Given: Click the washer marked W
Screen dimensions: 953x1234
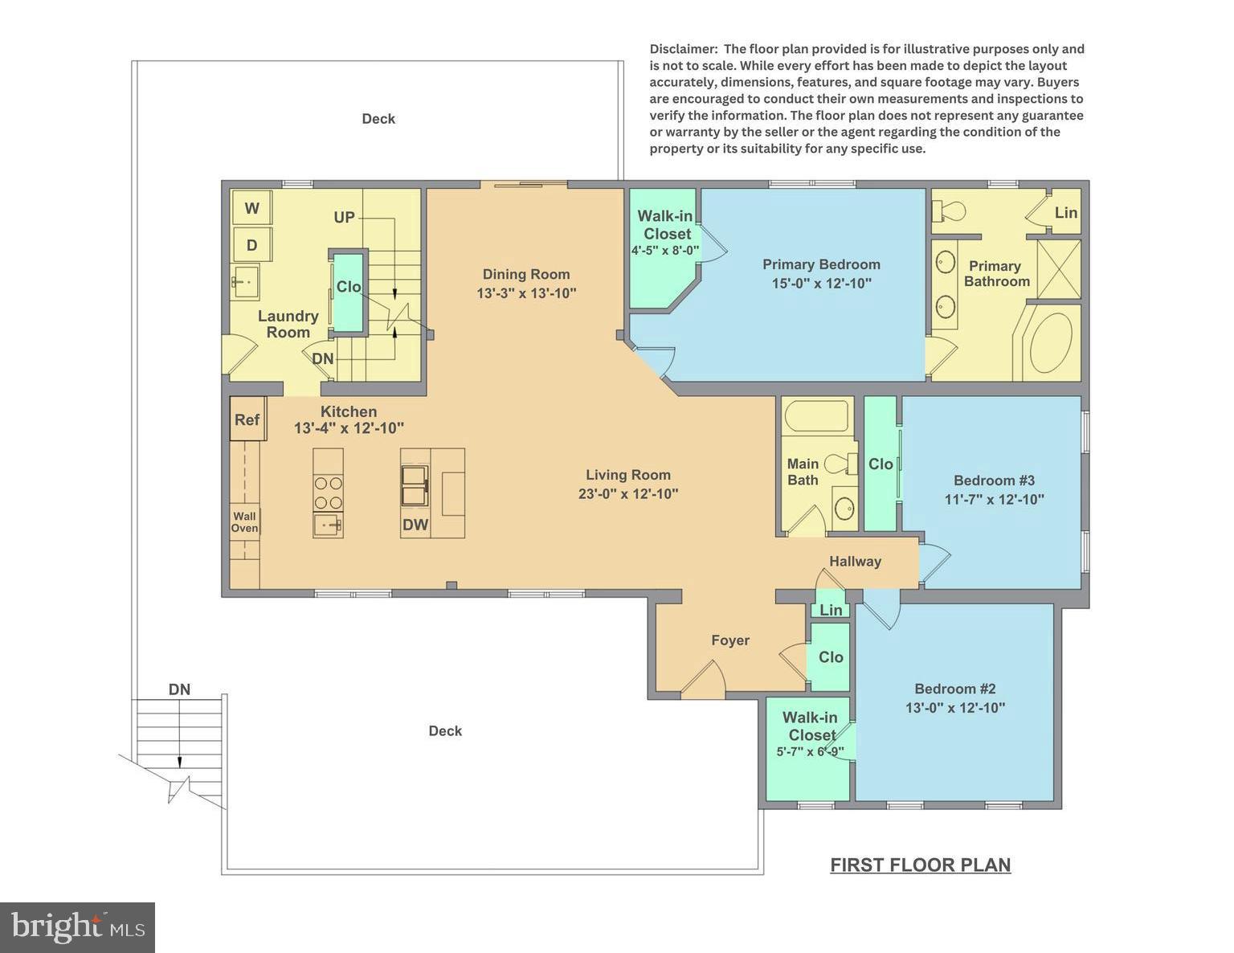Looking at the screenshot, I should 252,209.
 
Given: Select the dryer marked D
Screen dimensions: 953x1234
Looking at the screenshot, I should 252,245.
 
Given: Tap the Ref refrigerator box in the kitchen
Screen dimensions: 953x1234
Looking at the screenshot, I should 247,419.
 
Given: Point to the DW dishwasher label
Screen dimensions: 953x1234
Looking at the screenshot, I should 415,526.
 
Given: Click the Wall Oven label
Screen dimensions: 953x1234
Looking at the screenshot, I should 245,522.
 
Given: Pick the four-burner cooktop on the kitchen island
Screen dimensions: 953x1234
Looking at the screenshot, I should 328,493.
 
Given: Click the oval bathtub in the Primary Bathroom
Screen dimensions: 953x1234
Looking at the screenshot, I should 1051,342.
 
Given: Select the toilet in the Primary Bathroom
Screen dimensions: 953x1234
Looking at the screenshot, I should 948,211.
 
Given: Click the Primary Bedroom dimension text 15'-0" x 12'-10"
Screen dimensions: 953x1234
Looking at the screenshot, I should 821,283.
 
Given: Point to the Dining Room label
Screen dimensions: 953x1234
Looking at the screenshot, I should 526,274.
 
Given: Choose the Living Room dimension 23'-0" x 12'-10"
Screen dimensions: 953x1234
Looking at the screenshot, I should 628,493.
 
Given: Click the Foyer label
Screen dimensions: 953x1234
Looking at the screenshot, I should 730,640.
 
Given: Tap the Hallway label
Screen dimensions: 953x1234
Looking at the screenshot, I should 855,562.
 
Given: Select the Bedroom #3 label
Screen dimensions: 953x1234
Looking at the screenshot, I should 994,481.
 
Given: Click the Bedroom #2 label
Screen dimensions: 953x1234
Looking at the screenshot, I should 955,689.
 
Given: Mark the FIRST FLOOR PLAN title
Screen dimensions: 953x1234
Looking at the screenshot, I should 920,865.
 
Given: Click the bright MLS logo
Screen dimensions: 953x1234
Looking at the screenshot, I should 77,927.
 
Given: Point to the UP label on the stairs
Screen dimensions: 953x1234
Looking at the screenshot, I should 344,218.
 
